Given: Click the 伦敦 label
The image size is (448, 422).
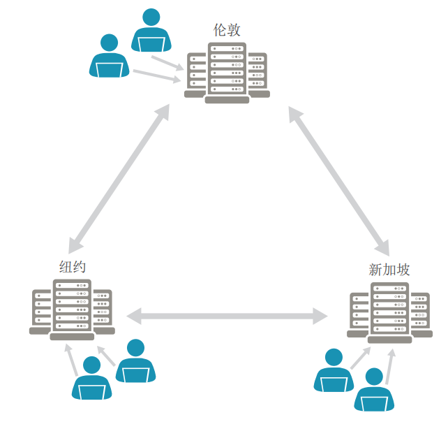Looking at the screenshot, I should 227,30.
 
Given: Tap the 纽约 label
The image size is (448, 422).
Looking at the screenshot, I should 73,267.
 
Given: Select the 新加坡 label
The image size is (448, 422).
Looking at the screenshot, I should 389,270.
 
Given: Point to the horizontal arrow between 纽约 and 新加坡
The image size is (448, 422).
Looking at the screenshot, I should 227,316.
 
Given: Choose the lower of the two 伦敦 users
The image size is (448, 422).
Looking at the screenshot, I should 110,56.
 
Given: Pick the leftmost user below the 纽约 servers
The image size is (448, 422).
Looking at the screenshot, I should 91,378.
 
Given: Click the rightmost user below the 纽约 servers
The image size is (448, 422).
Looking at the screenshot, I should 135,361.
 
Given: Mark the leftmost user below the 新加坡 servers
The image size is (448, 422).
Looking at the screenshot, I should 334,371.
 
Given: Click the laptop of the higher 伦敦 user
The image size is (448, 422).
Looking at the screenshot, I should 151,44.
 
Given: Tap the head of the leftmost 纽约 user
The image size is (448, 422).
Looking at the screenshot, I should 91,365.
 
